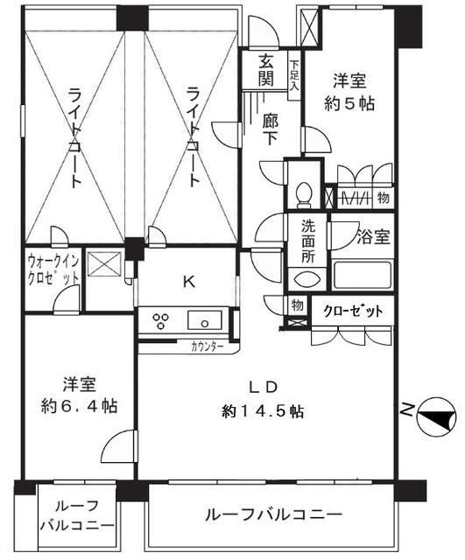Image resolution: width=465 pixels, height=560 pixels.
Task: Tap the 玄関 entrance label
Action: (x=268, y=72)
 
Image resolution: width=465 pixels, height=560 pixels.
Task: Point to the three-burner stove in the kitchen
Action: (x=162, y=319)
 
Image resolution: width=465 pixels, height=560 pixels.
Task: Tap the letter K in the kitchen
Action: (x=187, y=282)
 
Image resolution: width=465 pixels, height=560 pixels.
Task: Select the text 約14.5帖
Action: (x=263, y=411)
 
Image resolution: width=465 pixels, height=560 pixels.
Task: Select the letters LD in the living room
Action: (x=265, y=387)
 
